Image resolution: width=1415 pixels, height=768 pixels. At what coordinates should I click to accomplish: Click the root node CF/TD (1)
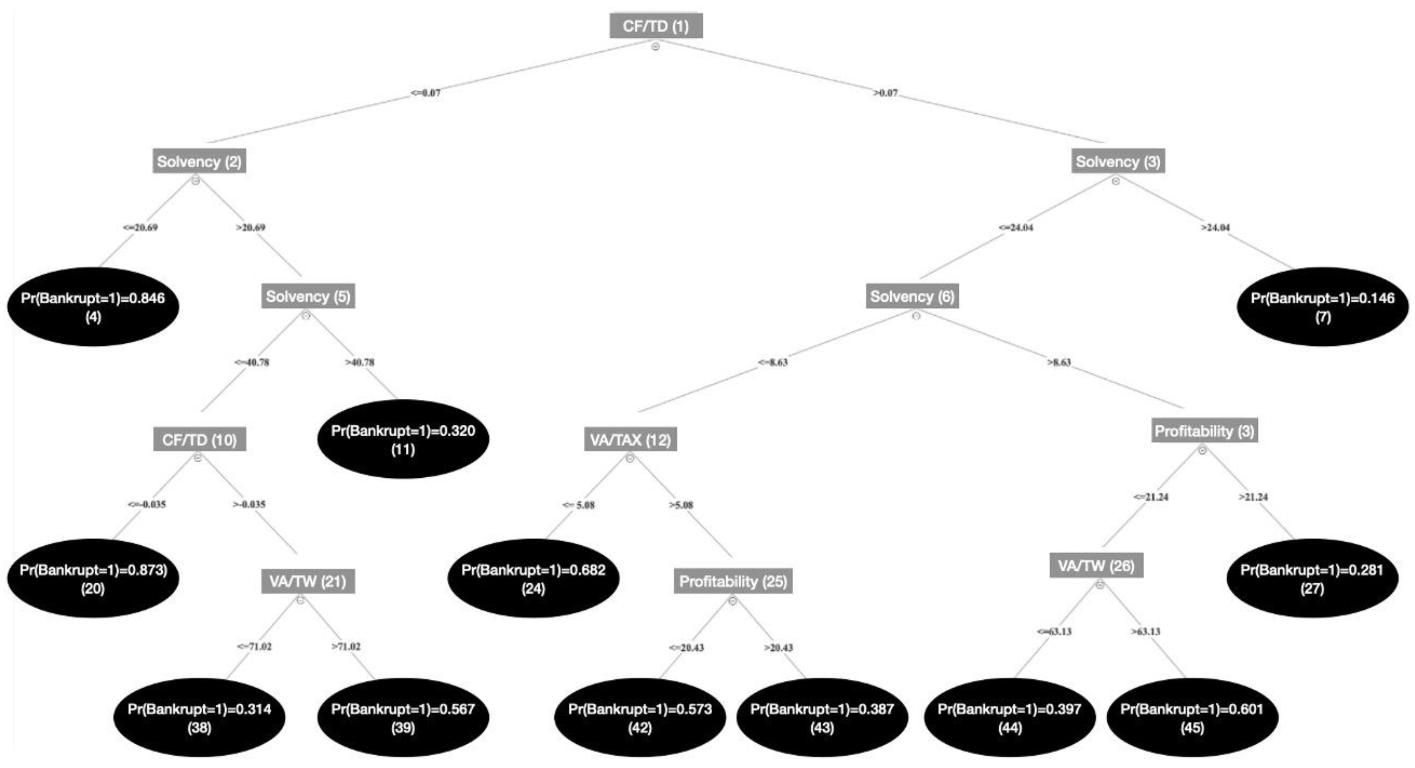pos(656,26)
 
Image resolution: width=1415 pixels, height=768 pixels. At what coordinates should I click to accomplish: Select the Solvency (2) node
pos(199,161)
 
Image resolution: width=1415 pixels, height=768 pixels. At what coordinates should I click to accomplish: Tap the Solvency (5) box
pos(308,296)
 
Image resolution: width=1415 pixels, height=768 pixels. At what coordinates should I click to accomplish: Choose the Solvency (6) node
pos(912,296)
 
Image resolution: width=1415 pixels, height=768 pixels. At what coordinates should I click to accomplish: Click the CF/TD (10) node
pos(199,439)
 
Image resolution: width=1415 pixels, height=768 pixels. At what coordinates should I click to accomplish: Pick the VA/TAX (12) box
pos(630,439)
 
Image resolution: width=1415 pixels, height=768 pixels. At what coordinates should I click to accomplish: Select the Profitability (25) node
pos(733,581)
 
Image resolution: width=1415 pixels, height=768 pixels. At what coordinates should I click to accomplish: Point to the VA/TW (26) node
pos(1096,566)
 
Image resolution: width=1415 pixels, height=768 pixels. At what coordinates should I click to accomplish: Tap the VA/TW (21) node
pos(308,581)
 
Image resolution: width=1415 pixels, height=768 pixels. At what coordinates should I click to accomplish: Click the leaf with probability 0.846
pos(93,307)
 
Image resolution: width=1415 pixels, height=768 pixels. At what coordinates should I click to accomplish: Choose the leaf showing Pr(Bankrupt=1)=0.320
pos(403,439)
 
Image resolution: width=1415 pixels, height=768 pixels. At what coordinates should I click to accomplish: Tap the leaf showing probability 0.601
pos(1192,717)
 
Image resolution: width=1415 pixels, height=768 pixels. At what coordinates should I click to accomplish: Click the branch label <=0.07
pos(425,93)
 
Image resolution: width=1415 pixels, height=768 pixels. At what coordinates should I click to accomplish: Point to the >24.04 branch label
pos(1215,228)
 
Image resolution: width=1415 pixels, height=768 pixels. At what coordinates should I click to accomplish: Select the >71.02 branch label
pos(346,647)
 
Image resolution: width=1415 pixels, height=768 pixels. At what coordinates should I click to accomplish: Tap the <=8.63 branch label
pos(772,362)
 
